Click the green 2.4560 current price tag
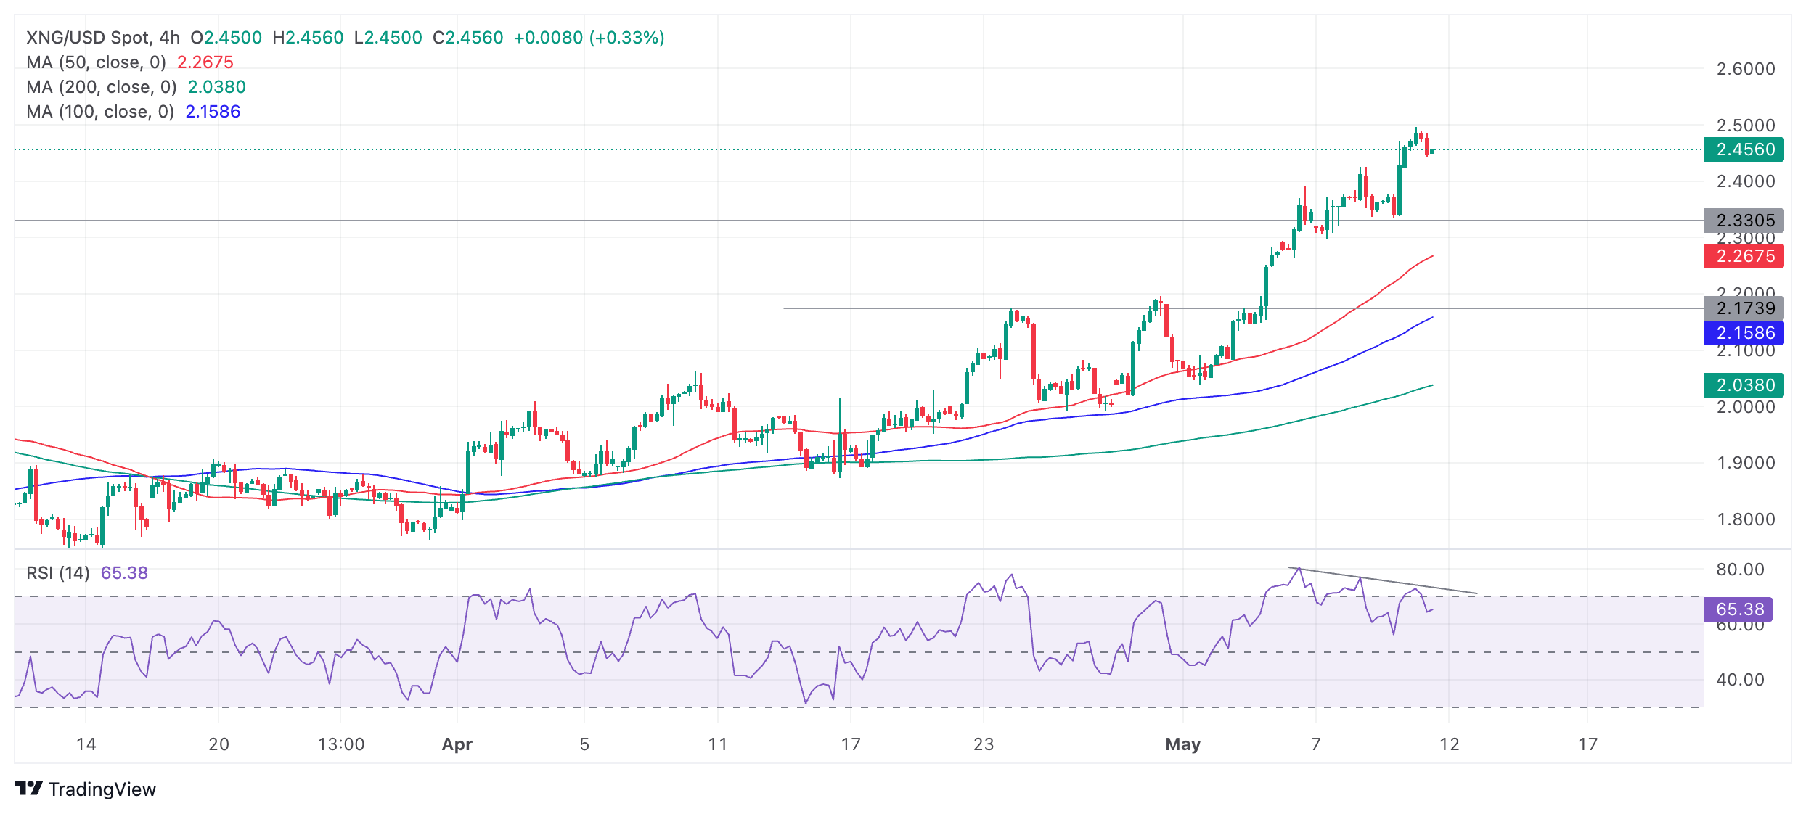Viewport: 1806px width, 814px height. tap(1744, 149)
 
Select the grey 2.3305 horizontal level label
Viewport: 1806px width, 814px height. tap(1744, 220)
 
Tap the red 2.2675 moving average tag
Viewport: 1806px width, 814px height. tap(1744, 256)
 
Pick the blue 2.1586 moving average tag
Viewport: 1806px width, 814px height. tap(1744, 333)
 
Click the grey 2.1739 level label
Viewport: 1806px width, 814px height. tap(1744, 308)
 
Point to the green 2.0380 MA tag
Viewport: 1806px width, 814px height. tap(1744, 385)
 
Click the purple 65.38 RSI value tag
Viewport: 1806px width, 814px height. tap(1738, 609)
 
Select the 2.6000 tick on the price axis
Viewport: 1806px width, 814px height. tap(1745, 69)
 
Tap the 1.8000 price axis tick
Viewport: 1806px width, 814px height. tap(1745, 519)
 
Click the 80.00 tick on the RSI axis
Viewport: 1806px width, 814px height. tap(1739, 570)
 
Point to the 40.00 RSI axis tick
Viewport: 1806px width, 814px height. tap(1739, 680)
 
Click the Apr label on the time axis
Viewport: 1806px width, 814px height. tap(457, 744)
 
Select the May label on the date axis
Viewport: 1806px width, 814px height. tap(1183, 744)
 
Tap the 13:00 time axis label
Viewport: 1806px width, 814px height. tap(341, 744)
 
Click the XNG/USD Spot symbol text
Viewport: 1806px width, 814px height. tap(87, 38)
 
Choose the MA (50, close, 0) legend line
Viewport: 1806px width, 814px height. tap(96, 62)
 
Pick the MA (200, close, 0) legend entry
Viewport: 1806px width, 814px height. tap(102, 87)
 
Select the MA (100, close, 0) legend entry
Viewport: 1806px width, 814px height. tap(100, 112)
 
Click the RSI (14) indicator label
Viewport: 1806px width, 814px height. tap(58, 573)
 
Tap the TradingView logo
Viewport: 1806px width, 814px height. tap(86, 789)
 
